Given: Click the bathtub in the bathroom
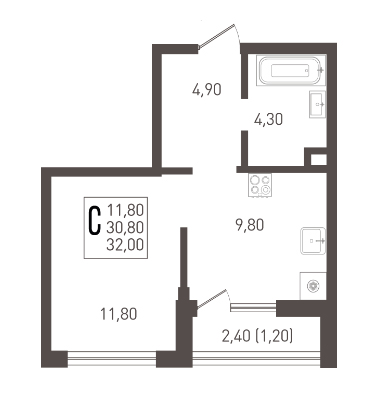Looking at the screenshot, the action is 291,71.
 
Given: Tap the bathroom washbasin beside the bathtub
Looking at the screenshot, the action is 318,104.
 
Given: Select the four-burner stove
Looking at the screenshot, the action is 260,185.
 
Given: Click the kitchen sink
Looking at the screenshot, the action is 313,241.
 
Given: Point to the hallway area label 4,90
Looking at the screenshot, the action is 207,90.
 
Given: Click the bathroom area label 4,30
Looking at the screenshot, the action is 268,119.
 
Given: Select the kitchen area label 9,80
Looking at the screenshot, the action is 250,225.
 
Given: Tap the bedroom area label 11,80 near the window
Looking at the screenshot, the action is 119,314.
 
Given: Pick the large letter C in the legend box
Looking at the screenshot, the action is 95,220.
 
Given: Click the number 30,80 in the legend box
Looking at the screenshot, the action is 125,228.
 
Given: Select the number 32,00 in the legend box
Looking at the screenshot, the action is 125,245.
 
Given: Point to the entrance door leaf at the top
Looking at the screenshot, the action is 216,36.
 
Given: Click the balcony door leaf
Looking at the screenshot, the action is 212,298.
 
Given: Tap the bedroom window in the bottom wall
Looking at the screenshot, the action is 112,359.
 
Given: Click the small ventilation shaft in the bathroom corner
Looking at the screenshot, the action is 319,159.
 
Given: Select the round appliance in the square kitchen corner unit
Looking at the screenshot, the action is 313,286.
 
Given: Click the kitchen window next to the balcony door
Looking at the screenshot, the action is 253,307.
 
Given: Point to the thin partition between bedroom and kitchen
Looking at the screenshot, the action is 183,257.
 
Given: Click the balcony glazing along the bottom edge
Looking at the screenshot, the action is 256,359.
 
